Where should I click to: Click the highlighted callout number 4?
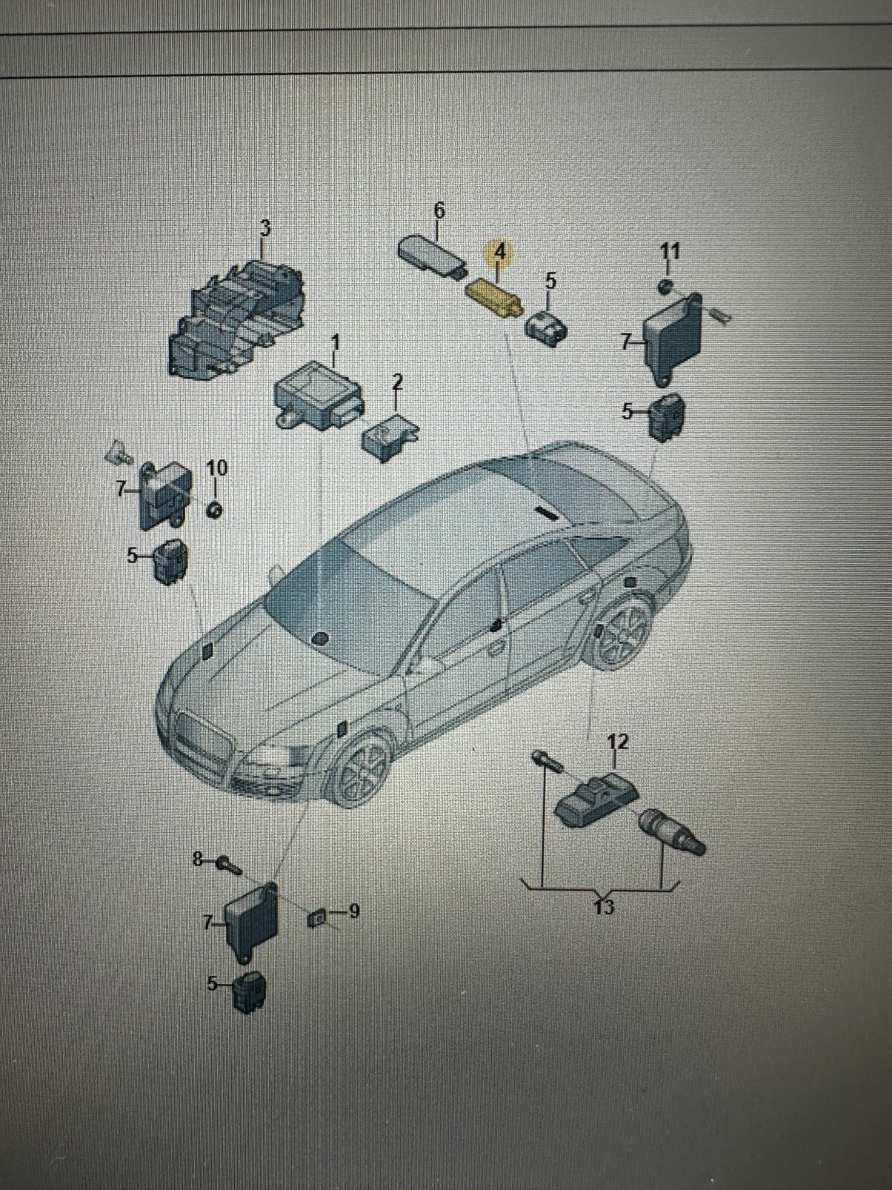coord(500,251)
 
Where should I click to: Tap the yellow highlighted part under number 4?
coord(494,297)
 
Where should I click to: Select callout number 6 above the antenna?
coord(439,210)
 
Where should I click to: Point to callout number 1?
coord(335,343)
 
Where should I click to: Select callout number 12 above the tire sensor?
coord(618,741)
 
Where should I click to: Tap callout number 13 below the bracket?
coord(605,907)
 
